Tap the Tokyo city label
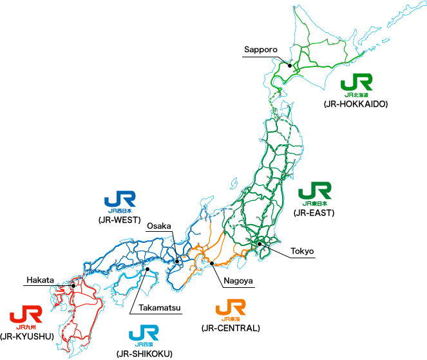point(302,251)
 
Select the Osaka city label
point(158,225)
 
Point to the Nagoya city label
point(238,281)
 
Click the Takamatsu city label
point(160,308)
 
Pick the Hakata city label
point(40,280)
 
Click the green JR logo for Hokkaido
point(356,84)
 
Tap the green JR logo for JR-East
point(316,193)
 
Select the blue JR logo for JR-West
point(120,201)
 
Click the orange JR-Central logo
point(230,310)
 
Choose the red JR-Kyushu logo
point(26,316)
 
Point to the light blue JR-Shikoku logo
point(144,334)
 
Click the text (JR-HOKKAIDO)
point(356,103)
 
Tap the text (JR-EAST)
point(314,212)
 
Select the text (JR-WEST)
point(120,220)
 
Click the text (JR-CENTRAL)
point(230,328)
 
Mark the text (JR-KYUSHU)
point(26,336)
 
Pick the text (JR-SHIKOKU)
point(144,354)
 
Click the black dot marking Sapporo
point(290,65)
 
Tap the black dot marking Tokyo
point(259,243)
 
